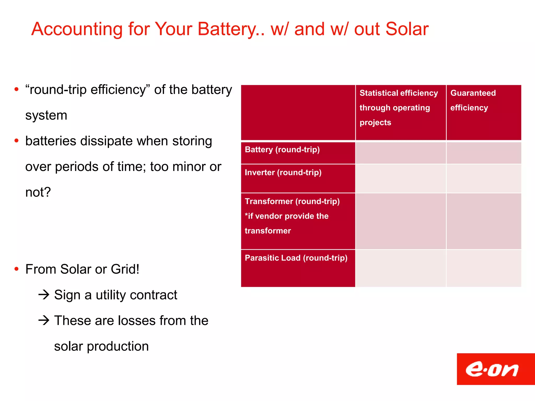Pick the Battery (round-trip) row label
[282, 150]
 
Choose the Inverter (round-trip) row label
[283, 173]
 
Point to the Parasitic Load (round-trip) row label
[296, 258]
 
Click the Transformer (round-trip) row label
[292, 202]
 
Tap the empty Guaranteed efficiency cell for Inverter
[484, 179]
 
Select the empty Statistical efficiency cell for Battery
[400, 153]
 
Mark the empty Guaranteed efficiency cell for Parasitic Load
[484, 268]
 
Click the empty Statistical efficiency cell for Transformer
[400, 221]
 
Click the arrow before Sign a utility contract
[44, 295]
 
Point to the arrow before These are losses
[44, 320]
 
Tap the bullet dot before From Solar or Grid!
[16, 269]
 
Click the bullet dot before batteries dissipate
[16, 141]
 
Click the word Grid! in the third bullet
[125, 269]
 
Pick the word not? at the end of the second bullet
[38, 192]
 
